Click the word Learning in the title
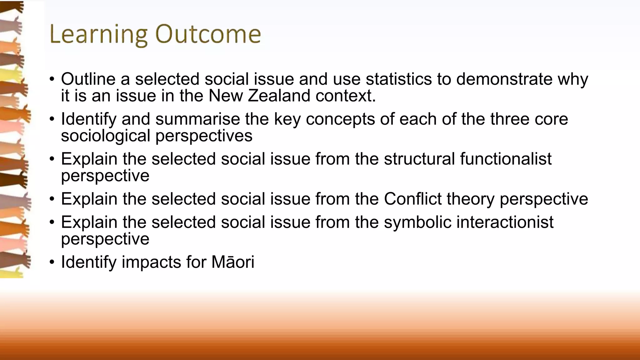(98, 34)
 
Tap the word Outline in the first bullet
(88, 79)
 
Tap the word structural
(419, 159)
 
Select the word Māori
(233, 262)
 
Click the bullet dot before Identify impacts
(52, 262)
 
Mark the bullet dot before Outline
(52, 79)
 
